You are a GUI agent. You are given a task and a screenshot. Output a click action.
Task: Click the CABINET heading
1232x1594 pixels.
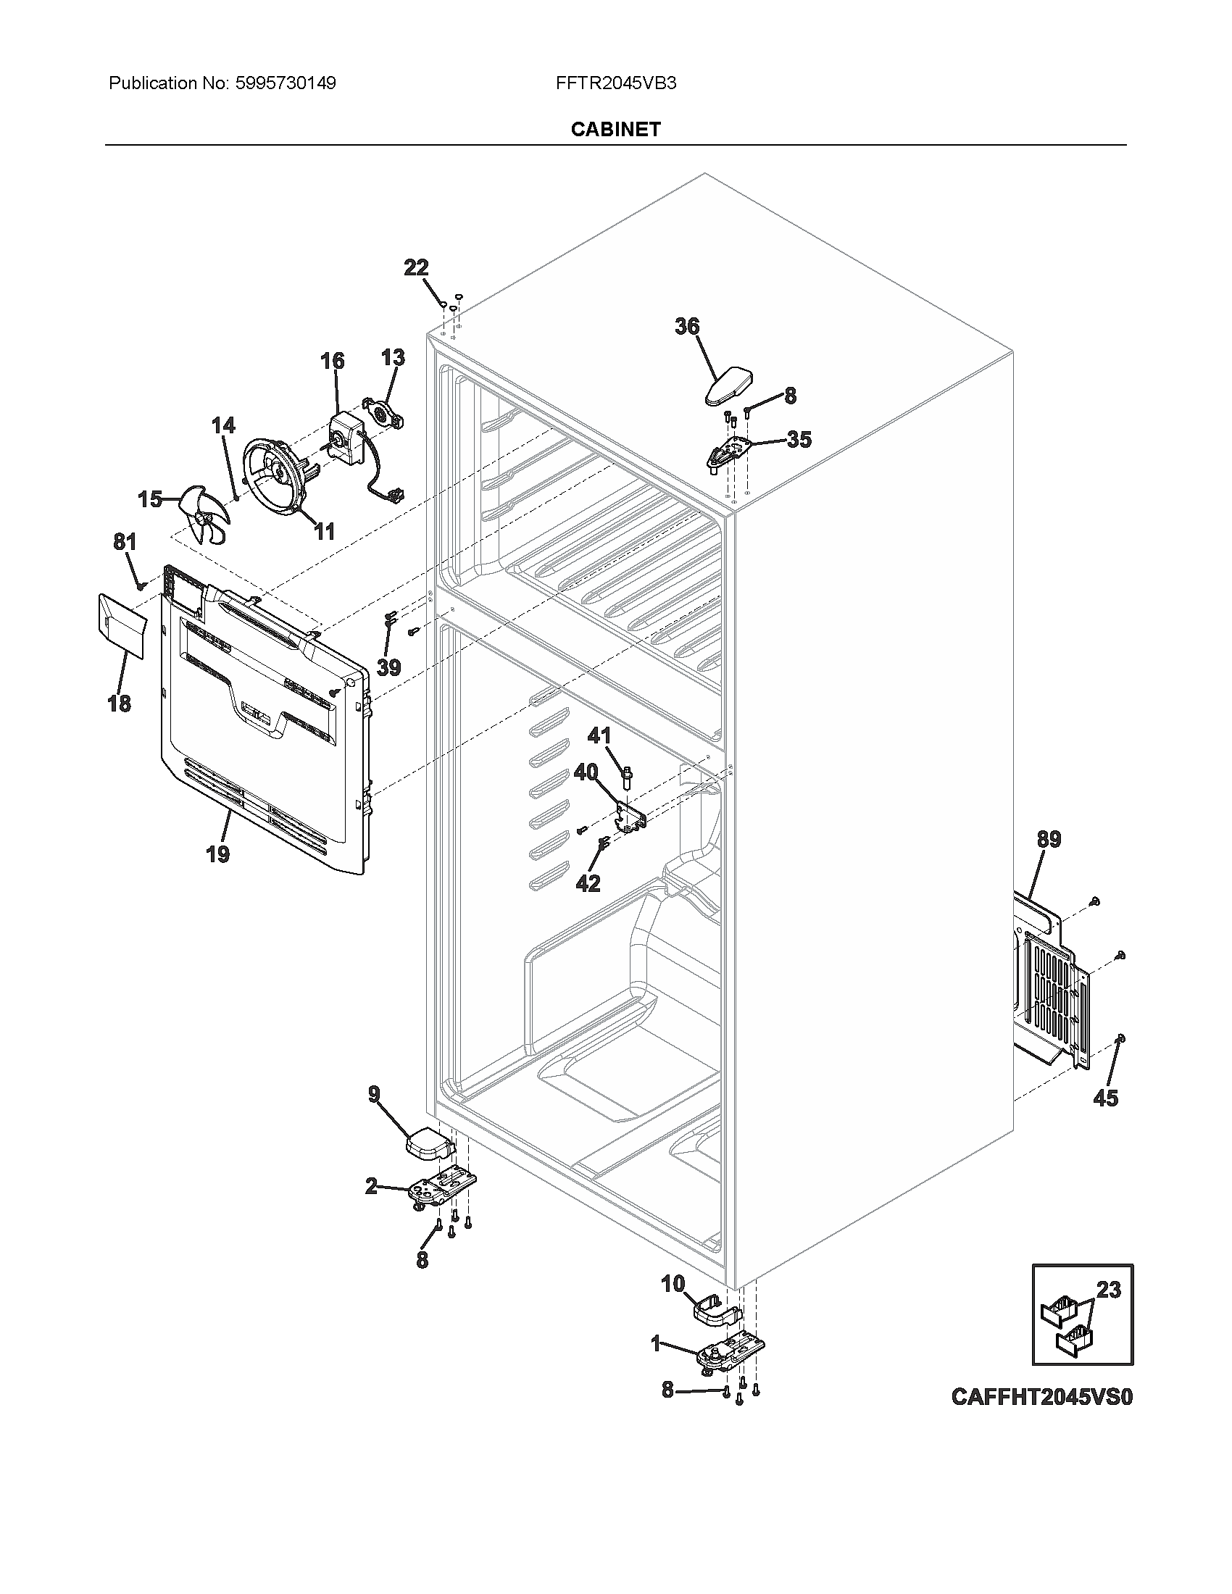[615, 129]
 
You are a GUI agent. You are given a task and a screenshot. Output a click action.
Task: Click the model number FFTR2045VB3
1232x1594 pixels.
[615, 83]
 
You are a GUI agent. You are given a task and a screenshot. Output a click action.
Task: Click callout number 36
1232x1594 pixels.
[687, 326]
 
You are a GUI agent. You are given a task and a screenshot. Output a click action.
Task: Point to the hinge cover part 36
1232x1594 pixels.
[730, 385]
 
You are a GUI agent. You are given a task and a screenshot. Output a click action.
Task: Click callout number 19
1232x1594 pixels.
[217, 854]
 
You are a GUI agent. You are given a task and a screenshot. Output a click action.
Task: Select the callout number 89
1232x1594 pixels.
[1049, 839]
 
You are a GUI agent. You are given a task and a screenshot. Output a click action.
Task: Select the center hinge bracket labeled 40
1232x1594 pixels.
[631, 817]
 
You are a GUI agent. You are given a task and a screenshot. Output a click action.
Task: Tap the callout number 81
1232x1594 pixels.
[125, 542]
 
